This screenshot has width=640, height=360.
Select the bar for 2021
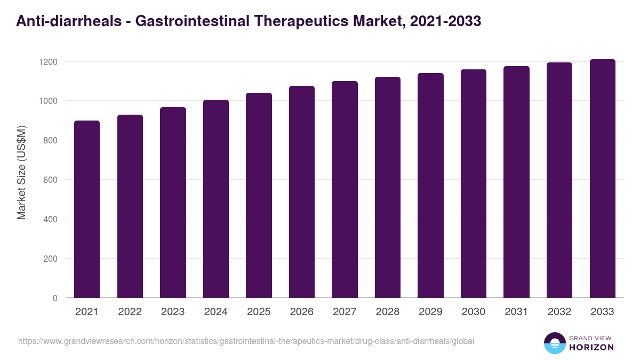87,209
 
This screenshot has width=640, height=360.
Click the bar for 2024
216,198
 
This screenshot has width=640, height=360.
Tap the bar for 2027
345,189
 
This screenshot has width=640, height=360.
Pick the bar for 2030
474,183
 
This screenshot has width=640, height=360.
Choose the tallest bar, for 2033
602,178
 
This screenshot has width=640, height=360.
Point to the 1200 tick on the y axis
47,62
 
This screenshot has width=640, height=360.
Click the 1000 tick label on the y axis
47,101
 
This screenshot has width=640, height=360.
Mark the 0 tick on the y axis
55,298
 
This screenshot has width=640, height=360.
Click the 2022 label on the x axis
130,312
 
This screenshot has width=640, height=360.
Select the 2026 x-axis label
302,312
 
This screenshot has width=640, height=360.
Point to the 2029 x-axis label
430,312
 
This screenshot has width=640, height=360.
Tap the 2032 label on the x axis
559,312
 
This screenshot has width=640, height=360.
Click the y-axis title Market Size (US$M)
21,172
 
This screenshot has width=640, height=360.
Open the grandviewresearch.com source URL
246,341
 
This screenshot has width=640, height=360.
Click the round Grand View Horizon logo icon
555,343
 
